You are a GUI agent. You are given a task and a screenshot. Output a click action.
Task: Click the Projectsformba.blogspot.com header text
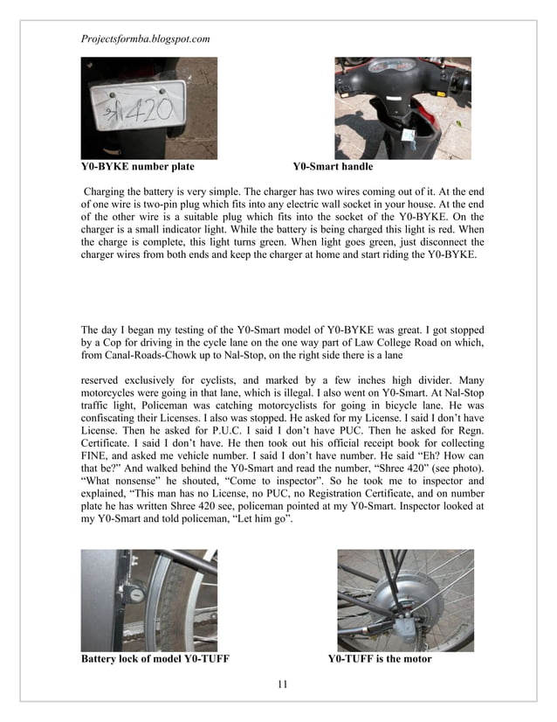[145, 39]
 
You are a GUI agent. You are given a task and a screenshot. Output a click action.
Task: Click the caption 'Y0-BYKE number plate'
[137, 166]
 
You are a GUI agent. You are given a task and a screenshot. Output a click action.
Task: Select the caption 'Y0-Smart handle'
[333, 166]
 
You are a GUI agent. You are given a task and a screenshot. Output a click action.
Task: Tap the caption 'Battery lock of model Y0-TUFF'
[155, 659]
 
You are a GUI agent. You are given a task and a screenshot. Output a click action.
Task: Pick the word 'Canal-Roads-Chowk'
[160, 357]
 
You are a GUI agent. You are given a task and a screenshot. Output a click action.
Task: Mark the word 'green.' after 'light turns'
[300, 244]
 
